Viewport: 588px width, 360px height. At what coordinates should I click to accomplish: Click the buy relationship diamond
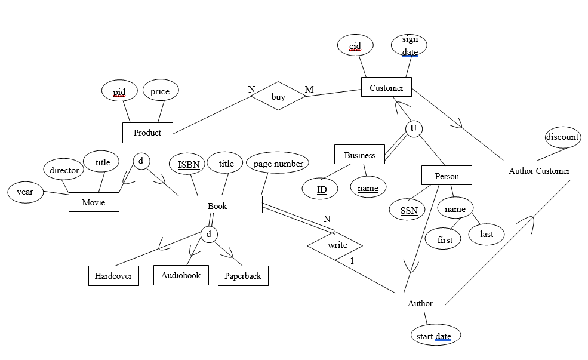coord(278,96)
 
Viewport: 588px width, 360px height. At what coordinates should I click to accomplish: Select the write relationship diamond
coord(335,245)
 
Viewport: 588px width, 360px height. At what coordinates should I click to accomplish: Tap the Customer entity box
coord(386,88)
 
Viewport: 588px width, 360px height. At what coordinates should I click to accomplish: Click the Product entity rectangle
coord(147,133)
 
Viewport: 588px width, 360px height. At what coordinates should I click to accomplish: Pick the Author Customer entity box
coord(539,171)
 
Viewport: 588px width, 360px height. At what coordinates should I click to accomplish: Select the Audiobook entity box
coord(181,275)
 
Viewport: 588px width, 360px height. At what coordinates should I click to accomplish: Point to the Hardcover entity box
coord(113,276)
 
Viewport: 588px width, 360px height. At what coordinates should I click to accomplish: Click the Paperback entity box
coord(243,276)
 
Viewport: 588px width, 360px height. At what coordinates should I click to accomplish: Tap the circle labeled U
coord(413,128)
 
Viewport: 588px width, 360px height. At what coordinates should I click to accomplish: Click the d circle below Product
coord(141,161)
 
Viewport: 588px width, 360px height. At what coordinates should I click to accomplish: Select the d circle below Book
coord(208,234)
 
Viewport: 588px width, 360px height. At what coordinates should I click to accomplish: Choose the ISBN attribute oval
coord(188,164)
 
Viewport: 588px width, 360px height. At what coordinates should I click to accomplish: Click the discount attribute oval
coord(562,137)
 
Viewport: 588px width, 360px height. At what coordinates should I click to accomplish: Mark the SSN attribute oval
coord(408,210)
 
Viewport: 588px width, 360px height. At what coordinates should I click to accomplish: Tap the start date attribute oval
coord(435,336)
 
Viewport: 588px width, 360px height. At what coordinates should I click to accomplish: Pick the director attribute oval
coord(64,170)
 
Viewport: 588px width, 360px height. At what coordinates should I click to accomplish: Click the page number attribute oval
coord(278,163)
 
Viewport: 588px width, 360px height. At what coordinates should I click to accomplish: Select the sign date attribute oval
coord(410,45)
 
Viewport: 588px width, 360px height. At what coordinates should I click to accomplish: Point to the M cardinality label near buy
coord(309,90)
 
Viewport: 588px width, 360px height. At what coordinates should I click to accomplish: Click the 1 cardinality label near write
coord(352,261)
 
